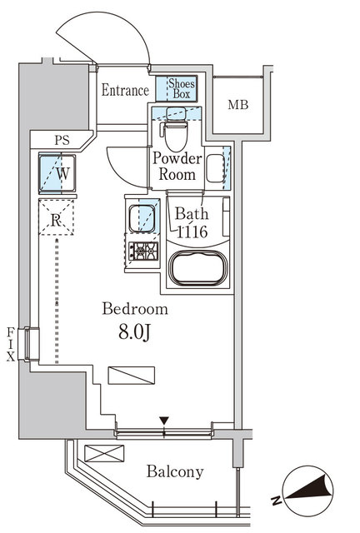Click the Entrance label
[125, 91]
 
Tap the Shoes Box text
[182, 87]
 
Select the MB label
[237, 105]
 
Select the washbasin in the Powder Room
[217, 167]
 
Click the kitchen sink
[142, 218]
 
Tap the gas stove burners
[141, 250]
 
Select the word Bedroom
[135, 309]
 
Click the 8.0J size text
[134, 333]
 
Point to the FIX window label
[12, 344]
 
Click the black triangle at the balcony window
[165, 421]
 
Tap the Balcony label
[175, 472]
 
